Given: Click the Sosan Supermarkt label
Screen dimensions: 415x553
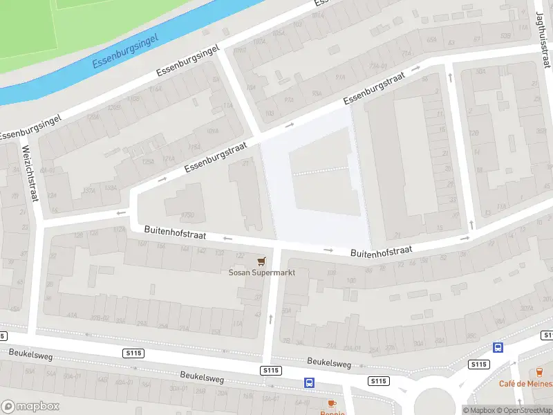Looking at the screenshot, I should pyautogui.click(x=262, y=273).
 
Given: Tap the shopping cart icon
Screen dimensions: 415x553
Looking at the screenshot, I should pyautogui.click(x=261, y=261).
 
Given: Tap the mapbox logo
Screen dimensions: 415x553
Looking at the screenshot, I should pyautogui.click(x=30, y=407).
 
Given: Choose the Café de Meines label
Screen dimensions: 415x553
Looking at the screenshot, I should pyautogui.click(x=526, y=384).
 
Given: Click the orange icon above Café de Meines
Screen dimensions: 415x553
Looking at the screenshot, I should pyautogui.click(x=540, y=372).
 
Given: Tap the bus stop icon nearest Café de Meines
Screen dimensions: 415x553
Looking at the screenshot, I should pyautogui.click(x=498, y=348).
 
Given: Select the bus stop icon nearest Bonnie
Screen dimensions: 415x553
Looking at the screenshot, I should pyautogui.click(x=310, y=382).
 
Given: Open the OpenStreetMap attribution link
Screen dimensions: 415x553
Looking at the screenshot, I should pyautogui.click(x=523, y=410).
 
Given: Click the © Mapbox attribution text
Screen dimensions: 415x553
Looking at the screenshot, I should pyautogui.click(x=479, y=410).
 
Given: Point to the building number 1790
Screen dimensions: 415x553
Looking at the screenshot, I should pyautogui.click(x=187, y=214).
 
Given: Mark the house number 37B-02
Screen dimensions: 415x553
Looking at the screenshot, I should pyautogui.click(x=100, y=318).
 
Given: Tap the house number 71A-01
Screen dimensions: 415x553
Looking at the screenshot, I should pyautogui.click(x=377, y=66).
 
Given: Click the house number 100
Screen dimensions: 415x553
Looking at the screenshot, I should pyautogui.click(x=350, y=280).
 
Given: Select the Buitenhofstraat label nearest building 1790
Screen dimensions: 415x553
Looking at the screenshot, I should pyautogui.click(x=175, y=231).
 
